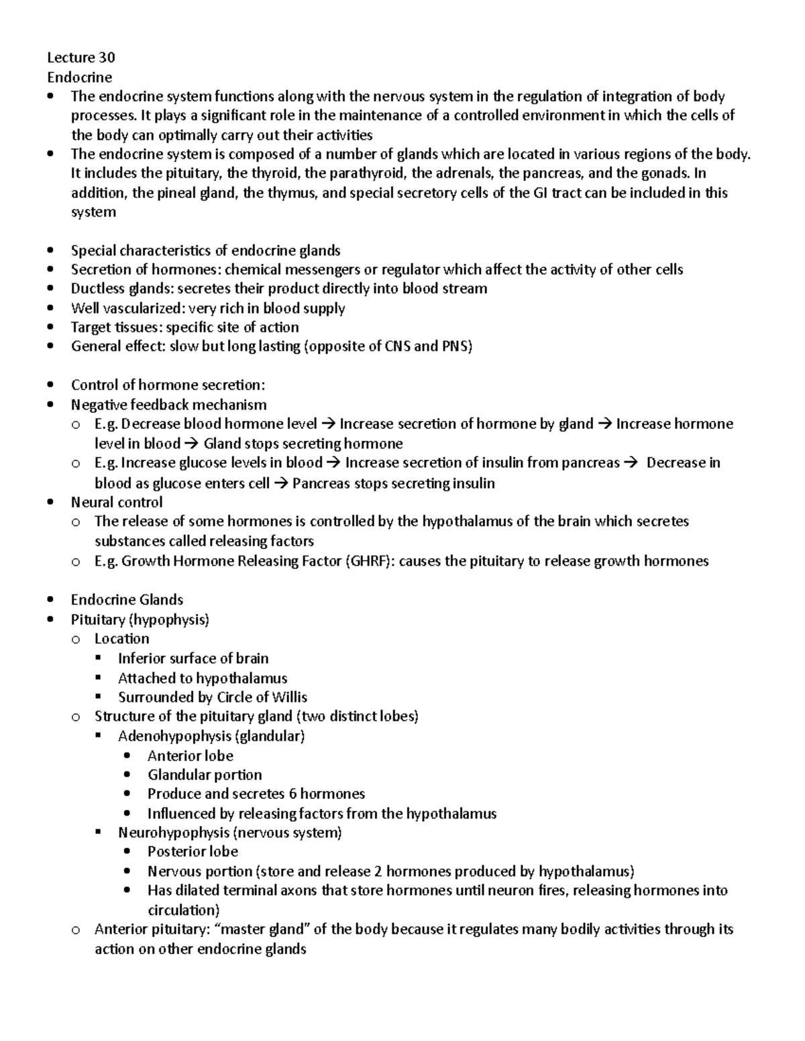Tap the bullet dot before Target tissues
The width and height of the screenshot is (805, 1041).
(51, 328)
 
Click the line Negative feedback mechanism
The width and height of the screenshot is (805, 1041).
(168, 405)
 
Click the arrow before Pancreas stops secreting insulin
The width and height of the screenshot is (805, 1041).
(280, 483)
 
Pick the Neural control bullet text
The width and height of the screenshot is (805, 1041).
(117, 502)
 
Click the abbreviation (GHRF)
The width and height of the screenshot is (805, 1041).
(370, 561)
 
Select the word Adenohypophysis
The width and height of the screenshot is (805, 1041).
(174, 736)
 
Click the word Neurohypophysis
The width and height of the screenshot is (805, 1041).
(174, 833)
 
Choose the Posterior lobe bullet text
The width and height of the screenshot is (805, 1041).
(193, 852)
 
